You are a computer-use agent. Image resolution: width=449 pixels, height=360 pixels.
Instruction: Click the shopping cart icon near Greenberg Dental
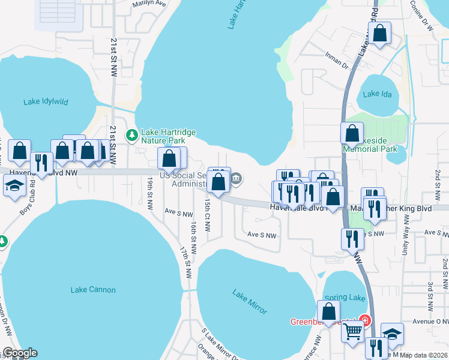click(x=353, y=330)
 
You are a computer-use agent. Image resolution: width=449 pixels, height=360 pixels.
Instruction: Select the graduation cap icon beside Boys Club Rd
click(x=14, y=187)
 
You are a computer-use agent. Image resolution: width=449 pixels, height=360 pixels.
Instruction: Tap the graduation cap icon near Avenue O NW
click(x=392, y=335)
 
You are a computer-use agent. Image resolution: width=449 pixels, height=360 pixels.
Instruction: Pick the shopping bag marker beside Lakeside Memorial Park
click(x=352, y=134)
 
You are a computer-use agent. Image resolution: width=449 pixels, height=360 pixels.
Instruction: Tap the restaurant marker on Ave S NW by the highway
click(x=352, y=239)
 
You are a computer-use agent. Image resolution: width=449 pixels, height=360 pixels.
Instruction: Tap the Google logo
click(x=20, y=353)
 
